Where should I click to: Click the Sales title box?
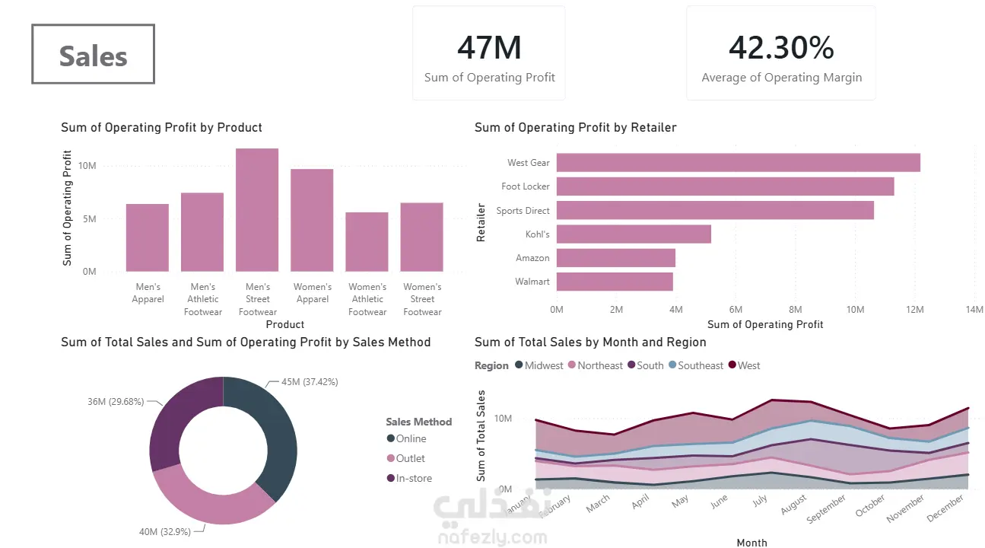click(94, 54)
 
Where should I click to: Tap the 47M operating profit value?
click(489, 47)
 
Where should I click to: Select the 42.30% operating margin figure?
click(781, 47)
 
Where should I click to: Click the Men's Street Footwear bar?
click(257, 210)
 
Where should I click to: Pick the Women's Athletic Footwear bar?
click(367, 242)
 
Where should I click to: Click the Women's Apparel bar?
click(312, 220)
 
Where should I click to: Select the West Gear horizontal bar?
click(739, 162)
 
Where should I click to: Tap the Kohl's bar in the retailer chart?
click(634, 234)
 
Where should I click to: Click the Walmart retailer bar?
click(615, 282)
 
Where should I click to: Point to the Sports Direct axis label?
click(523, 210)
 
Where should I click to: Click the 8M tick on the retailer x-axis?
click(795, 310)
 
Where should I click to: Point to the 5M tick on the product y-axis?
click(89, 218)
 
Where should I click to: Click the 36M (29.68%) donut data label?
click(116, 401)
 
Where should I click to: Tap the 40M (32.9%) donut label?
click(165, 532)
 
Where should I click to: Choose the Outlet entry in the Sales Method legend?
click(405, 458)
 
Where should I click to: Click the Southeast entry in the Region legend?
click(696, 365)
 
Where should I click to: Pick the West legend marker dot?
click(732, 365)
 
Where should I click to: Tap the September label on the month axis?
click(826, 509)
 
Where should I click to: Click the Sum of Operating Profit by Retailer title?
click(575, 128)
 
